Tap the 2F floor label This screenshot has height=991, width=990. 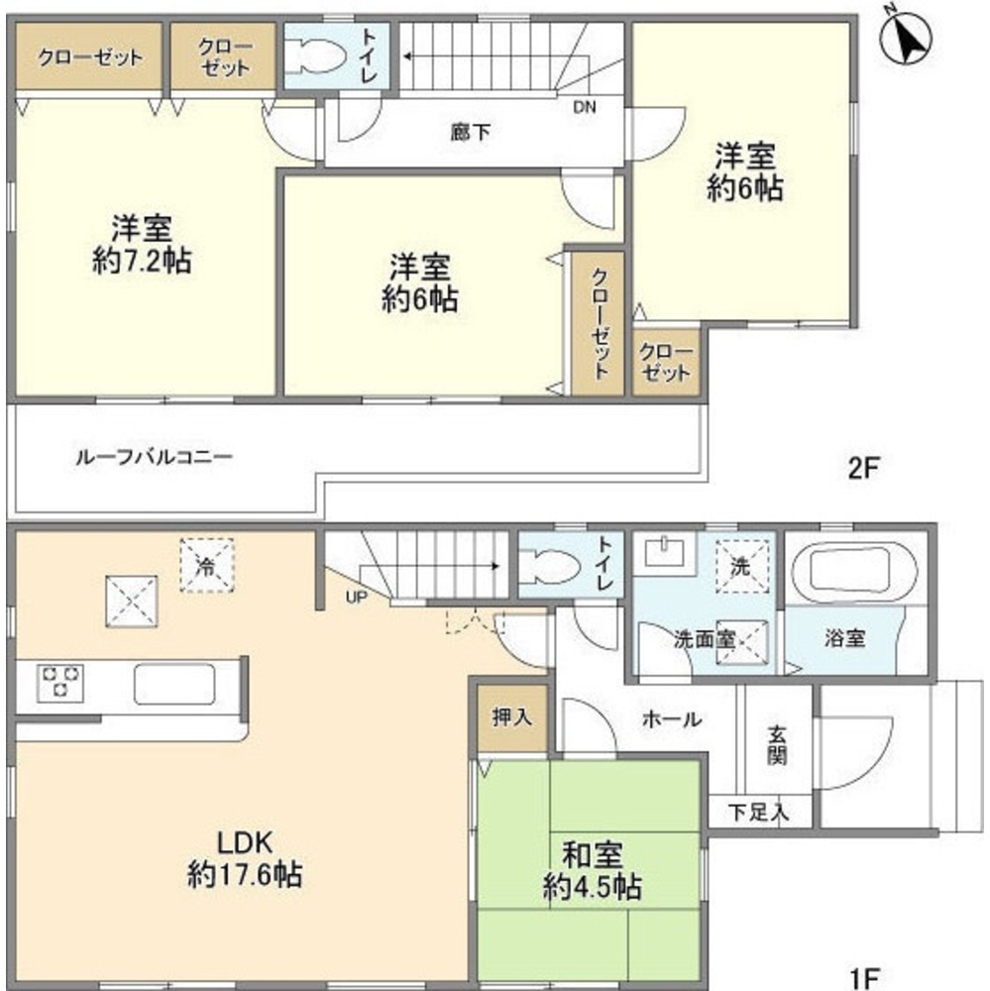[x=864, y=468]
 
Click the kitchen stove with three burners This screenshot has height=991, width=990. [x=60, y=683]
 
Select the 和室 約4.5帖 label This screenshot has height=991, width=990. [x=592, y=870]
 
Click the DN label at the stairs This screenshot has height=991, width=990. [x=585, y=108]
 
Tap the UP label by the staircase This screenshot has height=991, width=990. [x=353, y=598]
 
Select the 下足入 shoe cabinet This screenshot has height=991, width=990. [x=761, y=812]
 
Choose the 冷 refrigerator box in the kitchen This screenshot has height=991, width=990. [x=205, y=567]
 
